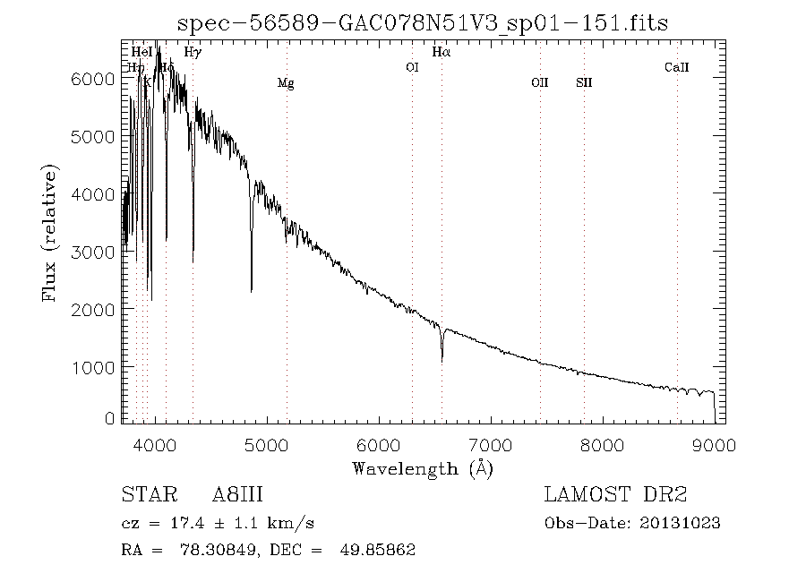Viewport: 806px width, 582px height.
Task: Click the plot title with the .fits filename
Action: click(x=423, y=21)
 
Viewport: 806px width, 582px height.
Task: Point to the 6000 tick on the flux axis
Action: click(x=93, y=79)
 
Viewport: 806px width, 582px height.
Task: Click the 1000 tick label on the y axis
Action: click(x=93, y=367)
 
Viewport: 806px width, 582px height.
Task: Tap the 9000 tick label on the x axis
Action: click(x=714, y=445)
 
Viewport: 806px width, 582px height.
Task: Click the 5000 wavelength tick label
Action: click(x=267, y=445)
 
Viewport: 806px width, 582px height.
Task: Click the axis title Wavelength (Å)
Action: click(x=423, y=468)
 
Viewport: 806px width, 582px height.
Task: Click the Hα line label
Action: click(x=441, y=52)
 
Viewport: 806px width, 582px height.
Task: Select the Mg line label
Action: click(x=286, y=83)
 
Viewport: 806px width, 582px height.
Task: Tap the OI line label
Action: click(x=412, y=66)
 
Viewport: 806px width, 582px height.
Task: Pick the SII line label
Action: click(x=584, y=83)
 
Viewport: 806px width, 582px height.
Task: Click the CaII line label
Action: click(x=676, y=67)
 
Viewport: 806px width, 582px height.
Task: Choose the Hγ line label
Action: click(x=192, y=52)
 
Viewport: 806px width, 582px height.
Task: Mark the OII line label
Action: click(x=539, y=83)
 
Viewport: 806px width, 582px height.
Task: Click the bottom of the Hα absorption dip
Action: click(x=442, y=360)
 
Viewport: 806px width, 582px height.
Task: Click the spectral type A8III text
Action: click(x=237, y=495)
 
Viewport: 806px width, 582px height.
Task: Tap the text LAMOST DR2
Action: click(x=615, y=495)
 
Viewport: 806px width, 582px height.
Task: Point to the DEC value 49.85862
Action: click(x=377, y=550)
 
